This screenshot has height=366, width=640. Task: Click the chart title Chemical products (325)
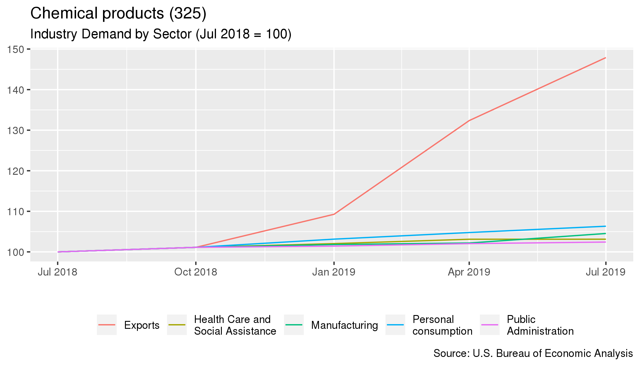click(118, 13)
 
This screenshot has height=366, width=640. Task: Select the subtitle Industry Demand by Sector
click(161, 34)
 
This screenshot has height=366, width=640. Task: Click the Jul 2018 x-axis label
click(57, 272)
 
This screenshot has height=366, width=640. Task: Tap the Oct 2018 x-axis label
click(195, 272)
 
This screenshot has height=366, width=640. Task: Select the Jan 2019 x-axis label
click(334, 272)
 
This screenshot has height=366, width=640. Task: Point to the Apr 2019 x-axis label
click(469, 272)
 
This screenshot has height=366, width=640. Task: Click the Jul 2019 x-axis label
click(605, 272)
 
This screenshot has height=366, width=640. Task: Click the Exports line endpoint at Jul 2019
click(605, 58)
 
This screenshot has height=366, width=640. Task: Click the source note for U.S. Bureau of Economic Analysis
click(533, 353)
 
